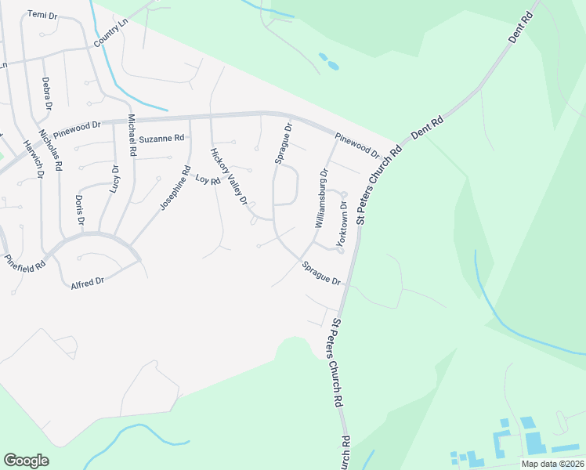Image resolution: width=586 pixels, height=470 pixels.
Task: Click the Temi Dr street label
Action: click(42, 15)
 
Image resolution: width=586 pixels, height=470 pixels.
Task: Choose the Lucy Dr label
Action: click(115, 179)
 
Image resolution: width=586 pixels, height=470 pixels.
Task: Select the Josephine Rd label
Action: click(175, 187)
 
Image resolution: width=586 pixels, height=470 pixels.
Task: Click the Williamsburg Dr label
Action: click(321, 197)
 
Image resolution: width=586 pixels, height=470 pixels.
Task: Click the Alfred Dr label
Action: click(87, 281)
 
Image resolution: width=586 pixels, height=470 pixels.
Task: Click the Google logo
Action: click(26, 461)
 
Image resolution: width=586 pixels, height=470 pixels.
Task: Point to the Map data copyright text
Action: click(552, 464)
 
